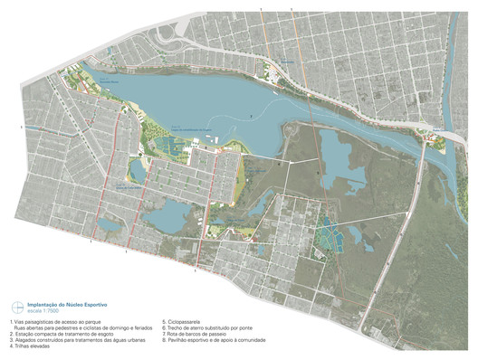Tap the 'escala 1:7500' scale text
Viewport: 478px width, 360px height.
[x=44, y=312]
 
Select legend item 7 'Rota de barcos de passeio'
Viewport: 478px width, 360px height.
[x=189, y=333]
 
